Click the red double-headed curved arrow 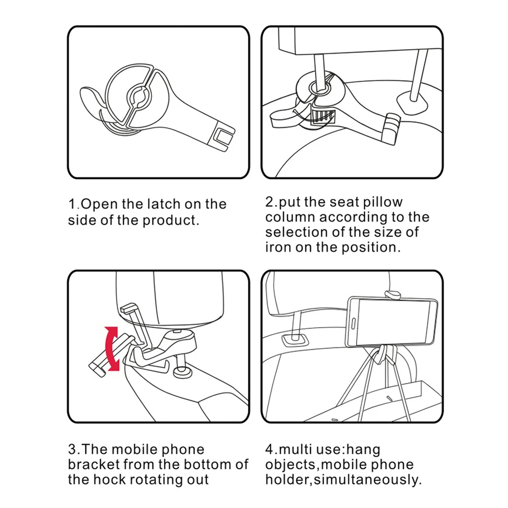coord(111,348)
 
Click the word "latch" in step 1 coord(164,204)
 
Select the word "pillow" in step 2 coord(383,202)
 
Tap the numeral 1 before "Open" coord(72,204)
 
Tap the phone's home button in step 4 coord(354,323)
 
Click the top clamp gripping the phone coord(392,295)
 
